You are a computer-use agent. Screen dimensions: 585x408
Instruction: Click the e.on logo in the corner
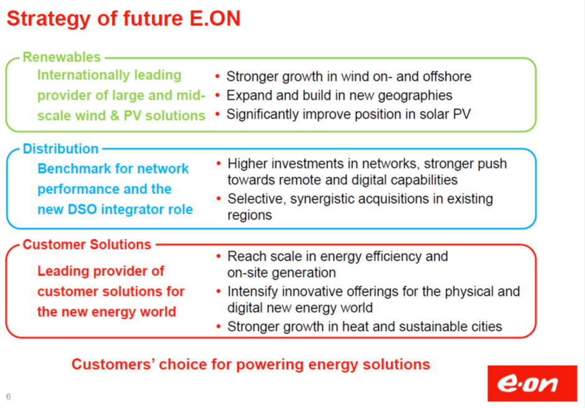(532, 383)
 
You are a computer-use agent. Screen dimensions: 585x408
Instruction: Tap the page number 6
(8, 396)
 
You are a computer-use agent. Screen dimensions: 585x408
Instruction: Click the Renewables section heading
(62, 57)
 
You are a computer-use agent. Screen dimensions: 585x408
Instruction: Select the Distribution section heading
(60, 149)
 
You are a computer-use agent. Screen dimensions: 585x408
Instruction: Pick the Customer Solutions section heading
(87, 244)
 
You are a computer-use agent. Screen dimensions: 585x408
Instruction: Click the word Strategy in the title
(49, 19)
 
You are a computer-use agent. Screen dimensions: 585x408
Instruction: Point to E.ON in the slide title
(215, 19)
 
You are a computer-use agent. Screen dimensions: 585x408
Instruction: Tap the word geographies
(415, 96)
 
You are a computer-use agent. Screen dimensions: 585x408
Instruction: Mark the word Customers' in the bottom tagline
(113, 364)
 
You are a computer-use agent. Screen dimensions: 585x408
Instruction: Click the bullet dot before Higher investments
(218, 164)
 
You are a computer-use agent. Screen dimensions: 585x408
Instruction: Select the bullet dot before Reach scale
(218, 256)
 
